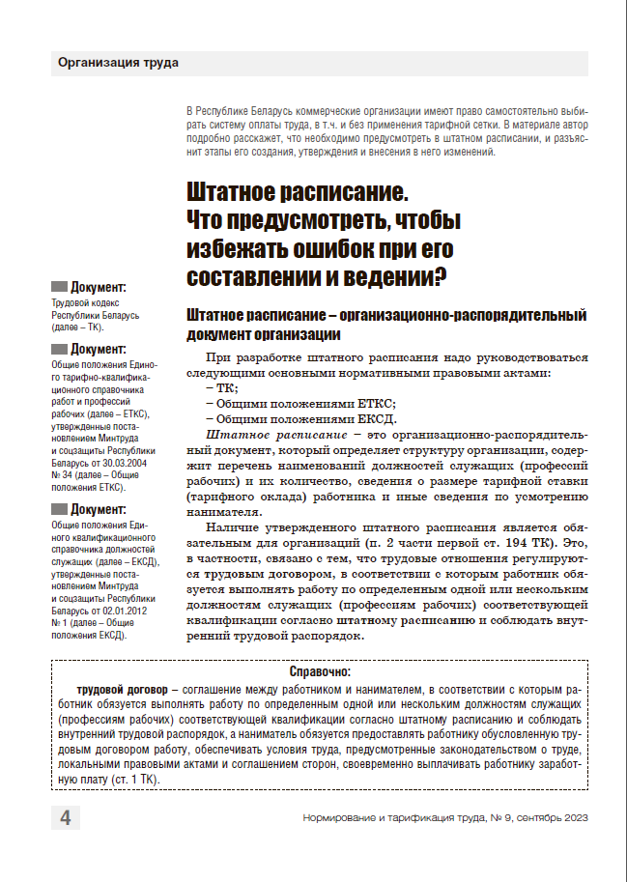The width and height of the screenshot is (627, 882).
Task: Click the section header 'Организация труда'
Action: pos(118,64)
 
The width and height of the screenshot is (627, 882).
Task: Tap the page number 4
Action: pos(65,818)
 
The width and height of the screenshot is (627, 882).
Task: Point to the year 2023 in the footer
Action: pos(570,818)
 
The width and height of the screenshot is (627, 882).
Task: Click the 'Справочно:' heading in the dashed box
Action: pos(320,671)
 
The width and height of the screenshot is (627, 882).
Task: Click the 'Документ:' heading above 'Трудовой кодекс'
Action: pos(99,287)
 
